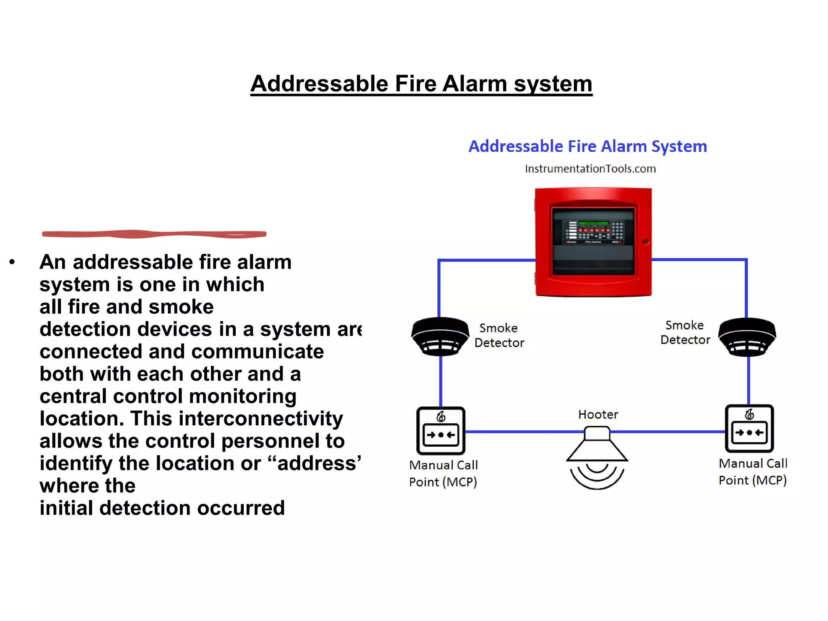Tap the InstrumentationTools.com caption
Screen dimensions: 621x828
click(590, 169)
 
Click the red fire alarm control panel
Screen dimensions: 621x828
click(593, 243)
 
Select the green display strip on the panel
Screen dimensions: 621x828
click(593, 223)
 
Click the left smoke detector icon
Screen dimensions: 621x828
click(440, 336)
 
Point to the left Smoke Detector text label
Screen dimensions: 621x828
click(499, 335)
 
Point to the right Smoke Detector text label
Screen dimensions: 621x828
click(685, 332)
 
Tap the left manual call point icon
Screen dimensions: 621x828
click(441, 431)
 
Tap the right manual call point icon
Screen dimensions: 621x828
click(749, 429)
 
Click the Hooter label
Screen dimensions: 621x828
click(598, 414)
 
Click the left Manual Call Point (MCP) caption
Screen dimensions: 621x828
click(443, 473)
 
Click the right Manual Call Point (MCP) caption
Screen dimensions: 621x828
click(753, 472)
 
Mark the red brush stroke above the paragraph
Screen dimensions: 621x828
click(154, 234)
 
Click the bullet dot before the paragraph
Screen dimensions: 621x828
click(12, 262)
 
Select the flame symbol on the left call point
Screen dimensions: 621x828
click(441, 416)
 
